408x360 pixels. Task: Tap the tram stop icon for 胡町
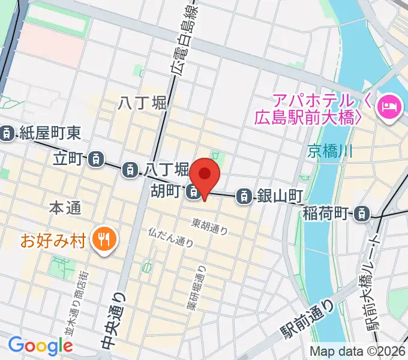193,192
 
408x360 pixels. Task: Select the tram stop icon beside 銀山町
244,195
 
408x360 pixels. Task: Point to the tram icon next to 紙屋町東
7,133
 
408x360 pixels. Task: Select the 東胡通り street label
209,226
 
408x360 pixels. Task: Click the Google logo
40,346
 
